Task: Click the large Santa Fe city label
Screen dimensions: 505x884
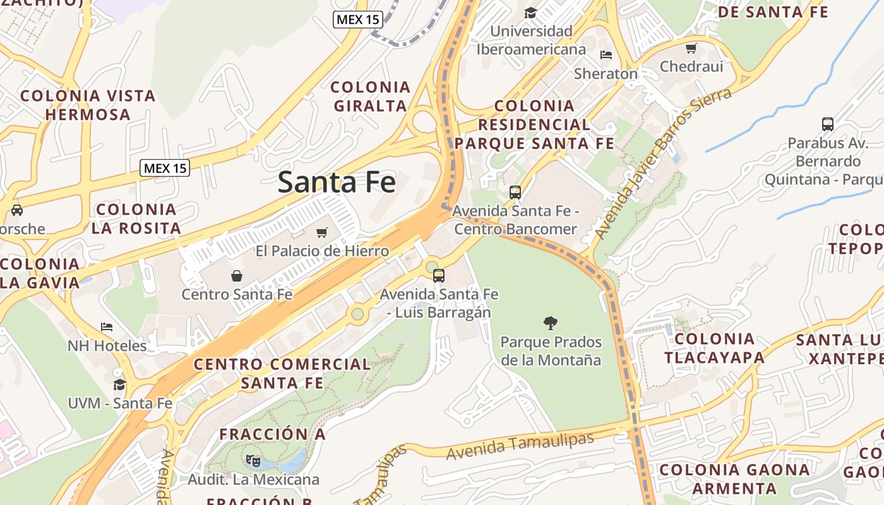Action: tap(337, 182)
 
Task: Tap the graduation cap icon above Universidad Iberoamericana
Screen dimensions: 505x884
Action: tap(530, 13)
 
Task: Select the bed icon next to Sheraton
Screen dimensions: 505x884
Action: tap(606, 55)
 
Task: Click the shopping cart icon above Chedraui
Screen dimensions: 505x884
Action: tap(691, 48)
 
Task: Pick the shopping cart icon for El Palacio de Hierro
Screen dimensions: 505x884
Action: tap(322, 232)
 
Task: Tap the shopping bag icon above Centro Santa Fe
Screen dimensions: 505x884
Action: tap(237, 276)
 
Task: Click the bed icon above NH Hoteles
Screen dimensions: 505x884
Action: tap(107, 327)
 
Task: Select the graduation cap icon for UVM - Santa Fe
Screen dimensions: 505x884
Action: tap(119, 384)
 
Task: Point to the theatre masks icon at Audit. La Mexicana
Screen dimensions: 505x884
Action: tap(253, 461)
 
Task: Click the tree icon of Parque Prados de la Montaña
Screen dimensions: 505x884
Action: tap(551, 323)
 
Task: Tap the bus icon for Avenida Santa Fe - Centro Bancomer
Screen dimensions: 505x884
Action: tap(515, 193)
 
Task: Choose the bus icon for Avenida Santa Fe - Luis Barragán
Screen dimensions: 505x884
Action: tap(439, 276)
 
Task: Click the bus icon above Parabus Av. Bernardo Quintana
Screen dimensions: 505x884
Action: tap(828, 124)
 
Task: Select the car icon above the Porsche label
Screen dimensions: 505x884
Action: tap(17, 210)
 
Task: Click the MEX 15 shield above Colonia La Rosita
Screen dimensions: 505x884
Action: tap(165, 168)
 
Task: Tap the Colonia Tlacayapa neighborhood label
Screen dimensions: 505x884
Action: tap(714, 348)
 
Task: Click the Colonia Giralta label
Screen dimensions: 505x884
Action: tap(371, 97)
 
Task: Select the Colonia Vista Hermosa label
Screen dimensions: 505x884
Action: tap(88, 105)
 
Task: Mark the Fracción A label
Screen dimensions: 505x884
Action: tap(272, 434)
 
